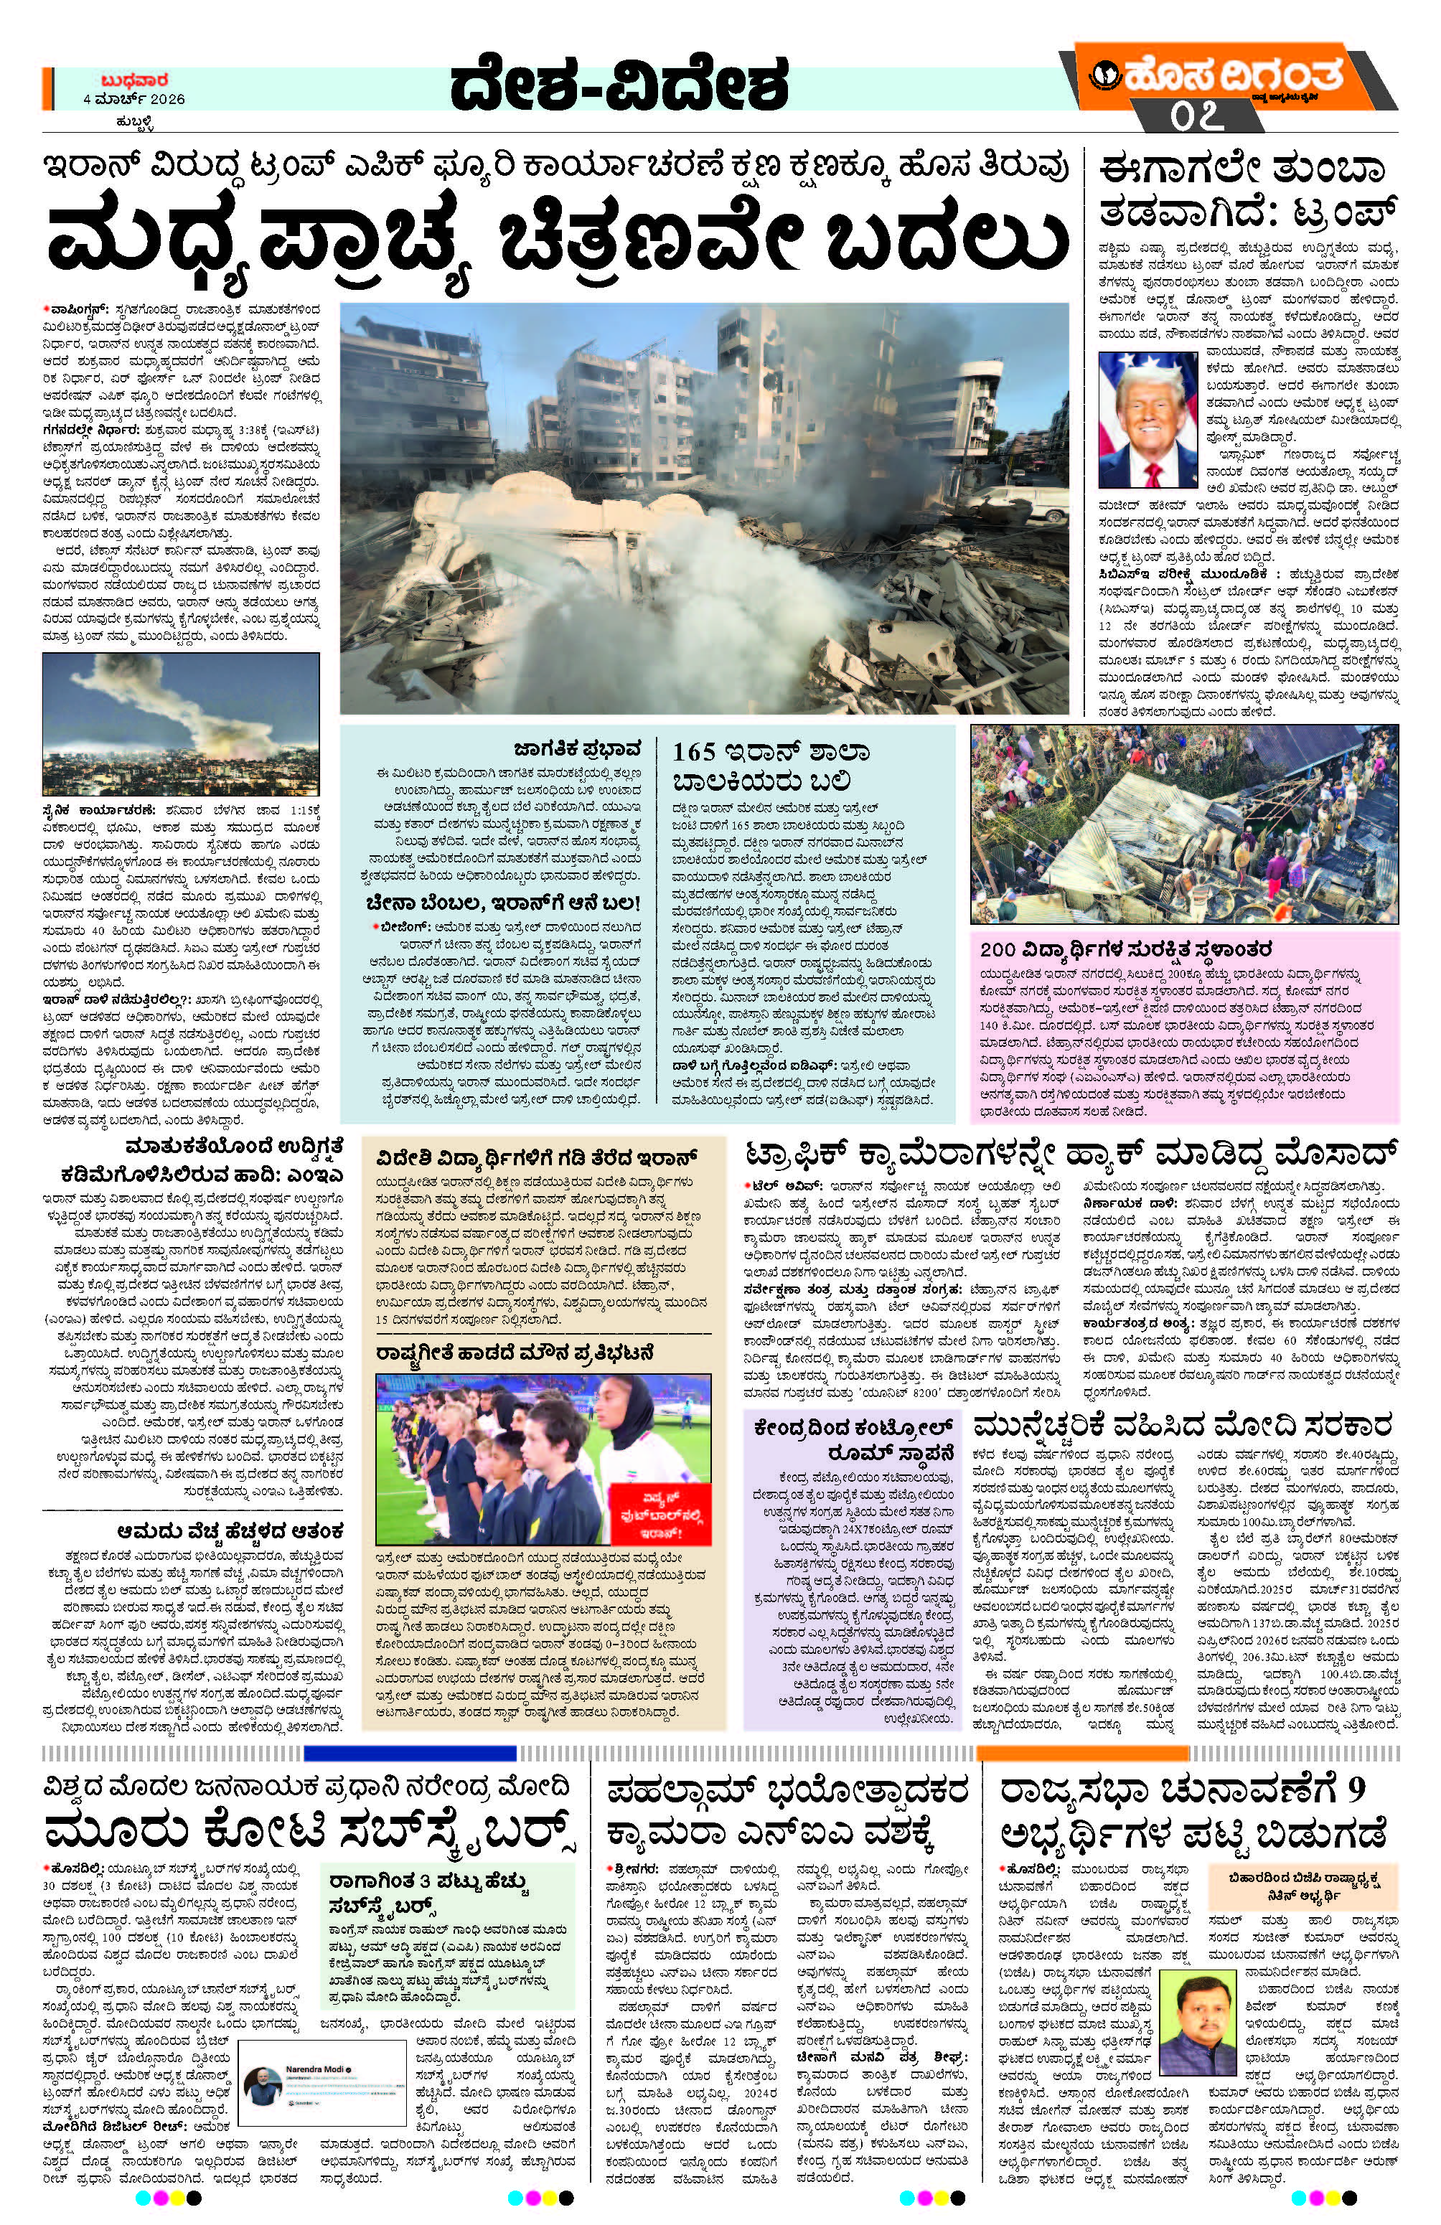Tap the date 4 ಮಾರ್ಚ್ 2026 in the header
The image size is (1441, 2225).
pyautogui.click(x=133, y=100)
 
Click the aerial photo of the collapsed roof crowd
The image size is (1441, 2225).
pyautogui.click(x=1184, y=824)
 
